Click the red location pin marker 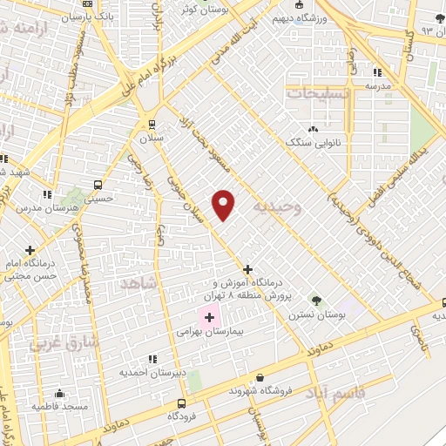[224, 204]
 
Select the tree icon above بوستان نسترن [315, 301]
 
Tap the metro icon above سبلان [152, 123]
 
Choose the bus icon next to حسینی [98, 185]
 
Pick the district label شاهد [139, 283]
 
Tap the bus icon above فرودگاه [181, 403]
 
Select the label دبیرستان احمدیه [152, 373]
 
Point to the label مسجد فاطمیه [58, 406]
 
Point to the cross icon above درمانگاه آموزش [248, 269]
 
